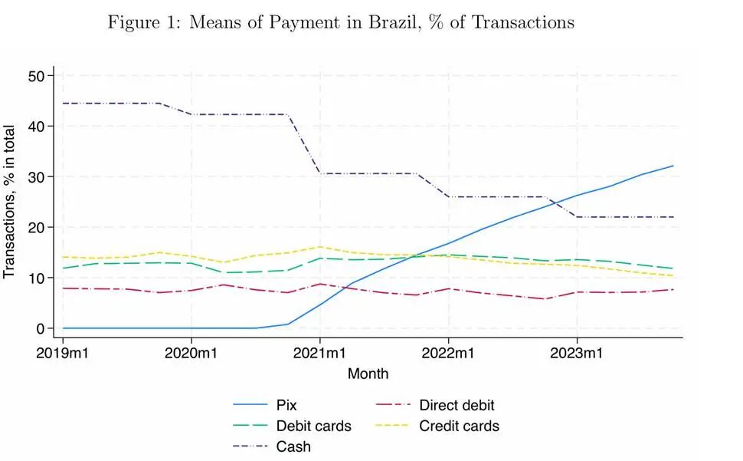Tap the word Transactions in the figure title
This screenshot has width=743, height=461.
point(523,22)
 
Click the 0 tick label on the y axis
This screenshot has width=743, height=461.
point(48,328)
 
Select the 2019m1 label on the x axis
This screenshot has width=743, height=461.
point(63,354)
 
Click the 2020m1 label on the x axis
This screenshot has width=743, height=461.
point(191,354)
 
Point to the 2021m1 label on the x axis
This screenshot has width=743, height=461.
point(319,354)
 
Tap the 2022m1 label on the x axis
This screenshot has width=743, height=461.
point(448,354)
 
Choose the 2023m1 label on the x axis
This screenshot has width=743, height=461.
point(577,354)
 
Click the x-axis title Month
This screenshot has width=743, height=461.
point(368,374)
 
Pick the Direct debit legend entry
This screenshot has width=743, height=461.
point(457,405)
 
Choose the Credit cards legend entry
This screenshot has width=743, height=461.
point(459,426)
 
